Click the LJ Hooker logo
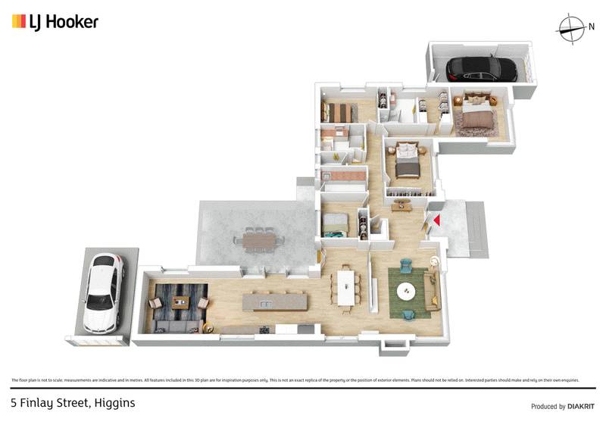(x=55, y=21)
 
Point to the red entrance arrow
(x=436, y=220)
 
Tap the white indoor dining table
(x=347, y=287)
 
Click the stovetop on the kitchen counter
(x=264, y=330)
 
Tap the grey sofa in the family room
(x=178, y=326)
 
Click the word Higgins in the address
(x=114, y=403)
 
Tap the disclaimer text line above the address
(x=295, y=380)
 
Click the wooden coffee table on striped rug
(x=180, y=302)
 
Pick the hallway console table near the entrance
(x=401, y=205)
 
